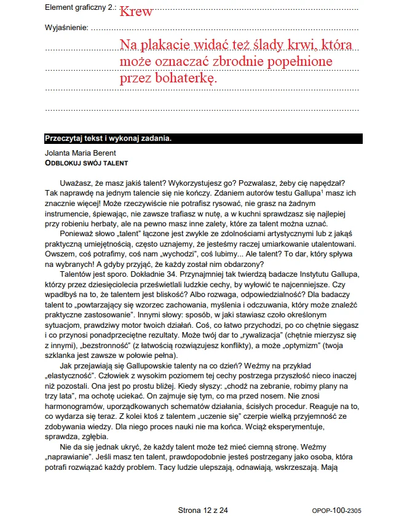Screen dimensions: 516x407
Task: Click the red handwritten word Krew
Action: (x=136, y=11)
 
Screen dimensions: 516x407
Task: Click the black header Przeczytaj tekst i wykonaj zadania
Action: (x=108, y=138)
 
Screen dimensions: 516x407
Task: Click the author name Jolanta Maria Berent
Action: (x=81, y=153)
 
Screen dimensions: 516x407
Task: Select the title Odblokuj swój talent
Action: (x=86, y=163)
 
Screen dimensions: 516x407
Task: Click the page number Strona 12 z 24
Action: (x=203, y=510)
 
